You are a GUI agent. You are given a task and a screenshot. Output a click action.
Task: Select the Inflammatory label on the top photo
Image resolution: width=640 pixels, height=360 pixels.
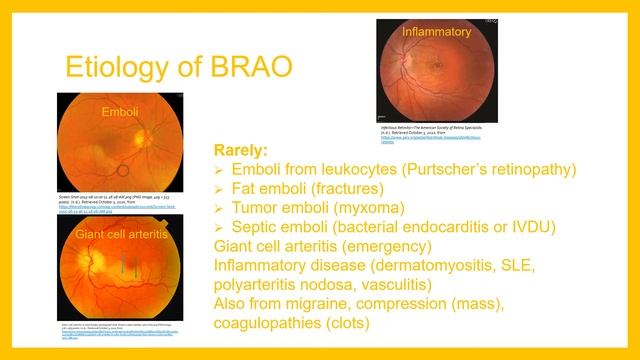436,32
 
